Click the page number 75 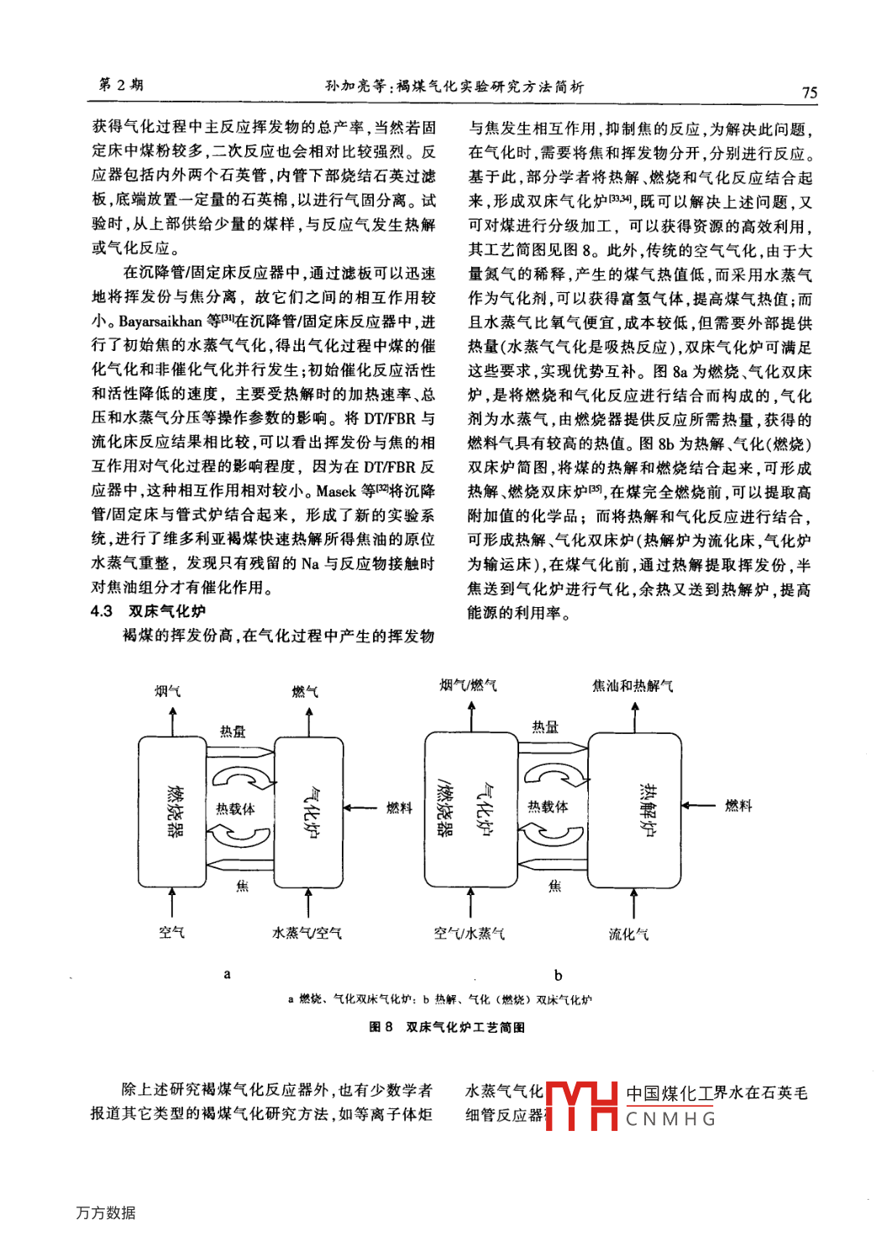(x=809, y=92)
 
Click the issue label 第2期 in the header (x=121, y=85)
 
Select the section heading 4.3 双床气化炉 (x=148, y=611)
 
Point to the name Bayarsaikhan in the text (x=160, y=322)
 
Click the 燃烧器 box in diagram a (x=173, y=811)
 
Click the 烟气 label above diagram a (x=167, y=691)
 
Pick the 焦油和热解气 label (x=633, y=686)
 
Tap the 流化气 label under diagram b (x=628, y=934)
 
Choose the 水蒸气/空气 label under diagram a (x=307, y=933)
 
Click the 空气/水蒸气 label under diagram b (x=470, y=933)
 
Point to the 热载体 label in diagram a (x=235, y=809)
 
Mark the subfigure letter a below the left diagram (x=227, y=974)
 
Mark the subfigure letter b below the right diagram (x=558, y=975)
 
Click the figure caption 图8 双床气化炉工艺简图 (x=447, y=1027)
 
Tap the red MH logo (x=582, y=1106)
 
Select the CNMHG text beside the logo (x=670, y=1119)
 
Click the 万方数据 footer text (x=106, y=1212)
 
